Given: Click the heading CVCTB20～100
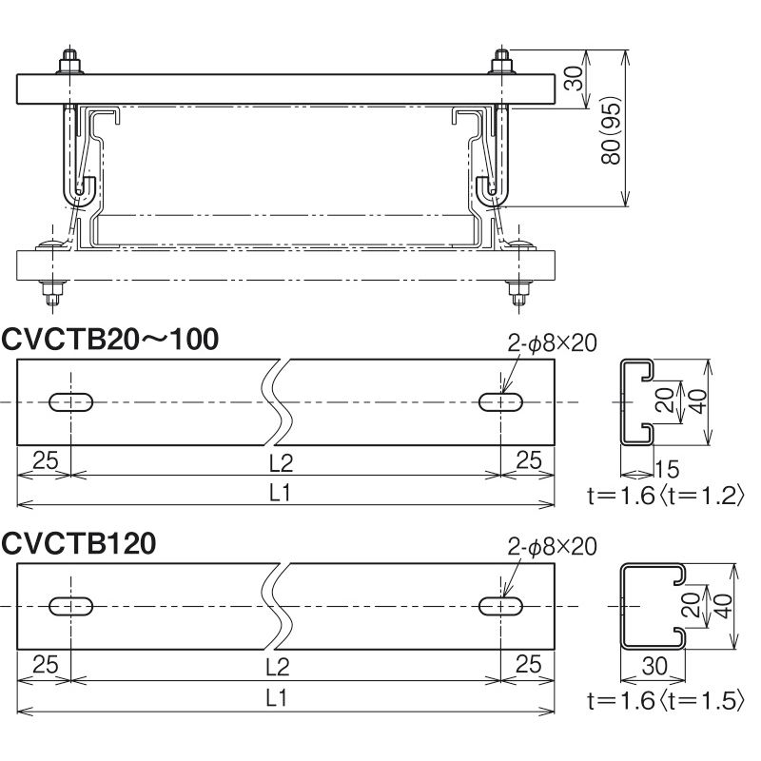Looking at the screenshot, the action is [109, 340].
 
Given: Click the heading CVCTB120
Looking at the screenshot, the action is [79, 543].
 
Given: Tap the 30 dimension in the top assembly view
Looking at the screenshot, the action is [575, 79].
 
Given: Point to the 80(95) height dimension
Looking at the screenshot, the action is [611, 130].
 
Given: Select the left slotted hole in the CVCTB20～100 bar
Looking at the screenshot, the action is [71, 402].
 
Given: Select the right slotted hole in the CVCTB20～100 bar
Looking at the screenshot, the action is [501, 402].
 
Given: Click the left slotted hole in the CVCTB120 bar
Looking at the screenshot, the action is [71, 607].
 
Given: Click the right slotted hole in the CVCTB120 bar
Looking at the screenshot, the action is [501, 607].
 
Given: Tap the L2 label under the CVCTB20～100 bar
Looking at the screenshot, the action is [281, 463].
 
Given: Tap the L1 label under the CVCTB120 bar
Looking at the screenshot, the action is [277, 698].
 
